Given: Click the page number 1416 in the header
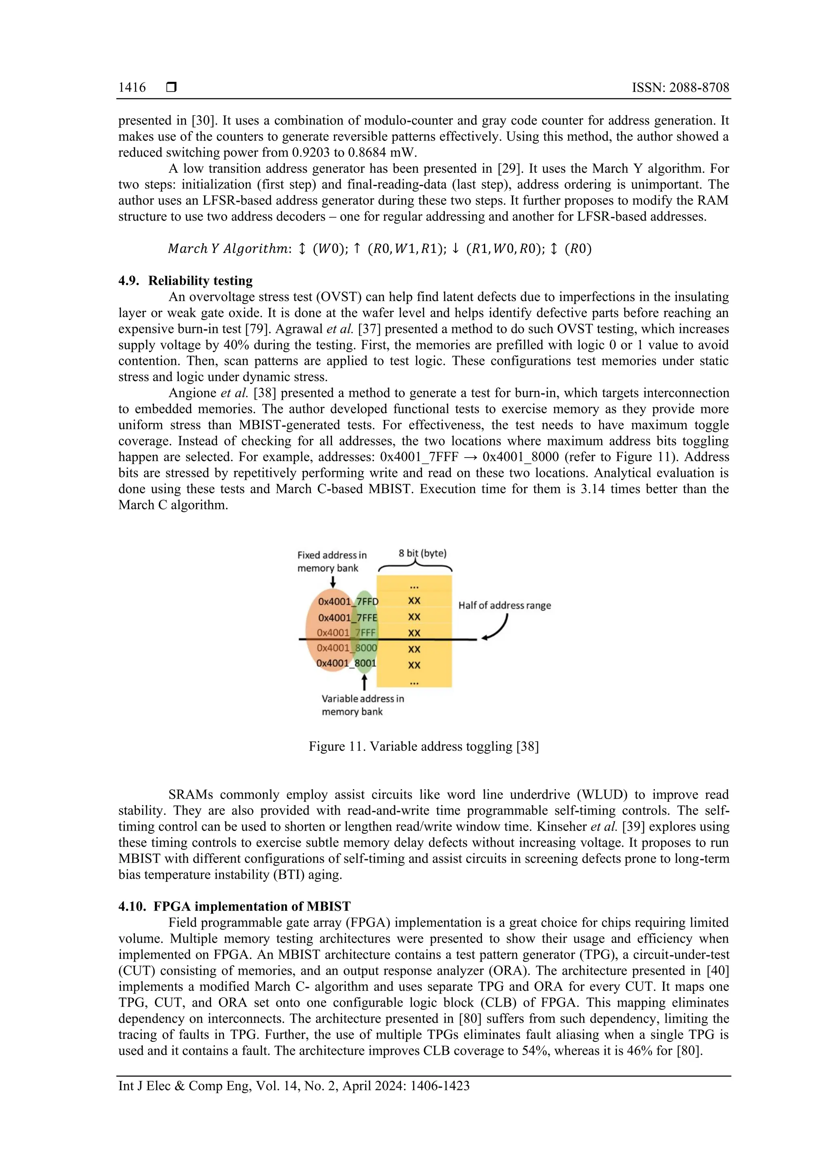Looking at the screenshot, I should click(132, 88).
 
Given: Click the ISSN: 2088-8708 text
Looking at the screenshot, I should click(680, 88).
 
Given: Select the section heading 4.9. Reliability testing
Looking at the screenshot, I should click(186, 281).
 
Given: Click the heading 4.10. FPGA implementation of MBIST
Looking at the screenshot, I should click(234, 906).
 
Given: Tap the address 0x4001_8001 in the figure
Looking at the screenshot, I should click(346, 663).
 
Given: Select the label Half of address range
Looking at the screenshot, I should click(504, 605).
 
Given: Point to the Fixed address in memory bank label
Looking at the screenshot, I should click(332, 562).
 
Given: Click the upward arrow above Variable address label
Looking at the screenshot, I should click(364, 682).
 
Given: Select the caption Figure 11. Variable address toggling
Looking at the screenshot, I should click(423, 746).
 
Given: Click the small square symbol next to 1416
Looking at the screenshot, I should click(171, 87).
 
